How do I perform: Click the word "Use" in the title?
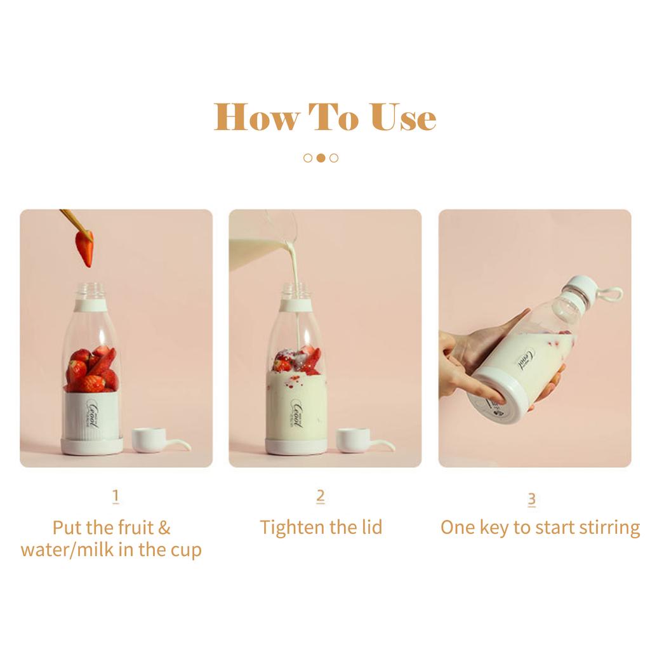(404, 117)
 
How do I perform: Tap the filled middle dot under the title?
(321, 158)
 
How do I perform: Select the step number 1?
(116, 496)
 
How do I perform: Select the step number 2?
(321, 496)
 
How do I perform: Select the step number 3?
(532, 500)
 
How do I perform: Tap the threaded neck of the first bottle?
(91, 290)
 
